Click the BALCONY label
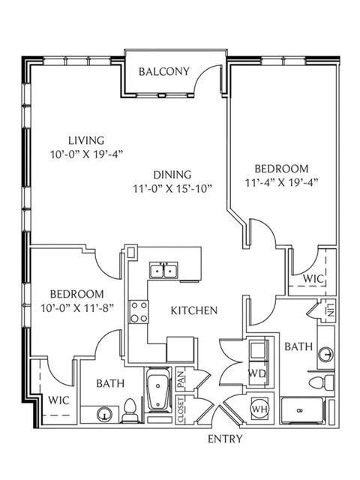(164, 72)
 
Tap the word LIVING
(86, 140)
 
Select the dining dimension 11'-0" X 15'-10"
(172, 188)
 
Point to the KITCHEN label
(194, 310)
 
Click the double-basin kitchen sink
(163, 270)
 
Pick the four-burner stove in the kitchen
(138, 312)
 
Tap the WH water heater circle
(259, 409)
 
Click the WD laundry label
(256, 373)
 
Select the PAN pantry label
(181, 379)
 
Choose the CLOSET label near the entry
(181, 410)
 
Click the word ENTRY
(225, 439)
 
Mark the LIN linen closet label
(330, 310)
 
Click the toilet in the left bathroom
(130, 410)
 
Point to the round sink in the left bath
(104, 415)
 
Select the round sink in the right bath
(325, 355)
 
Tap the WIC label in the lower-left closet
(58, 400)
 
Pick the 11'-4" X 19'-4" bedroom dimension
(282, 182)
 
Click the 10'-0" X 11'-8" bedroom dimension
(77, 307)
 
